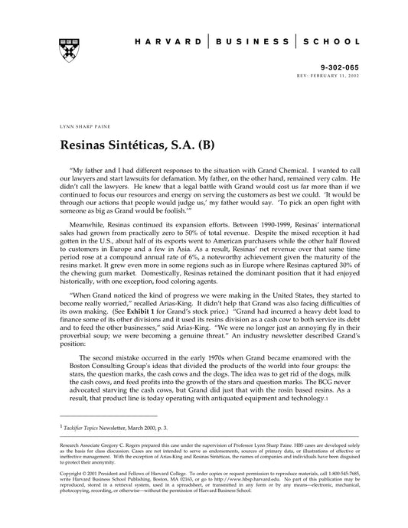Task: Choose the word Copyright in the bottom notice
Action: (73, 472)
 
